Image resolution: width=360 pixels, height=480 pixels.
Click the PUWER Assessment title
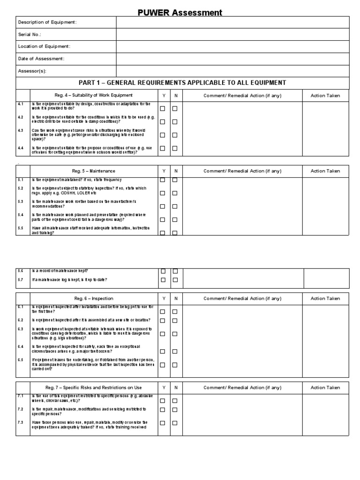(180, 13)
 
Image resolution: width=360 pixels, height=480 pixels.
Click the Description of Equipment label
(47, 22)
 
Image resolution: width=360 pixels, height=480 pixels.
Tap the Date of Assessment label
(41, 59)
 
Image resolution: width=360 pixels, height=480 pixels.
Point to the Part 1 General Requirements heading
(182, 83)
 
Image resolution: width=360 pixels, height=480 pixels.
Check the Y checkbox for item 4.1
(163, 108)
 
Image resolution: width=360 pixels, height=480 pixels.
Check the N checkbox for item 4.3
(175, 135)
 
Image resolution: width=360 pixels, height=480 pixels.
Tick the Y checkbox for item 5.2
(163, 193)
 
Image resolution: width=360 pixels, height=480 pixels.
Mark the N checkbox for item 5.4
(175, 219)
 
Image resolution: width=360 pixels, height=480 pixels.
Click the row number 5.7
(21, 280)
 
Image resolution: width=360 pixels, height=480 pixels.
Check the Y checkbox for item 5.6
(163, 271)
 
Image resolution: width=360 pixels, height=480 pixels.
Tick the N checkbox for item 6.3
(175, 334)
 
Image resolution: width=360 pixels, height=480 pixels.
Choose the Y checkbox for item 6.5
(163, 365)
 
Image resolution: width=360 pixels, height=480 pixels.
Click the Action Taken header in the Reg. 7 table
(325, 388)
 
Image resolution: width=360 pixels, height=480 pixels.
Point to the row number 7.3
(21, 423)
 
